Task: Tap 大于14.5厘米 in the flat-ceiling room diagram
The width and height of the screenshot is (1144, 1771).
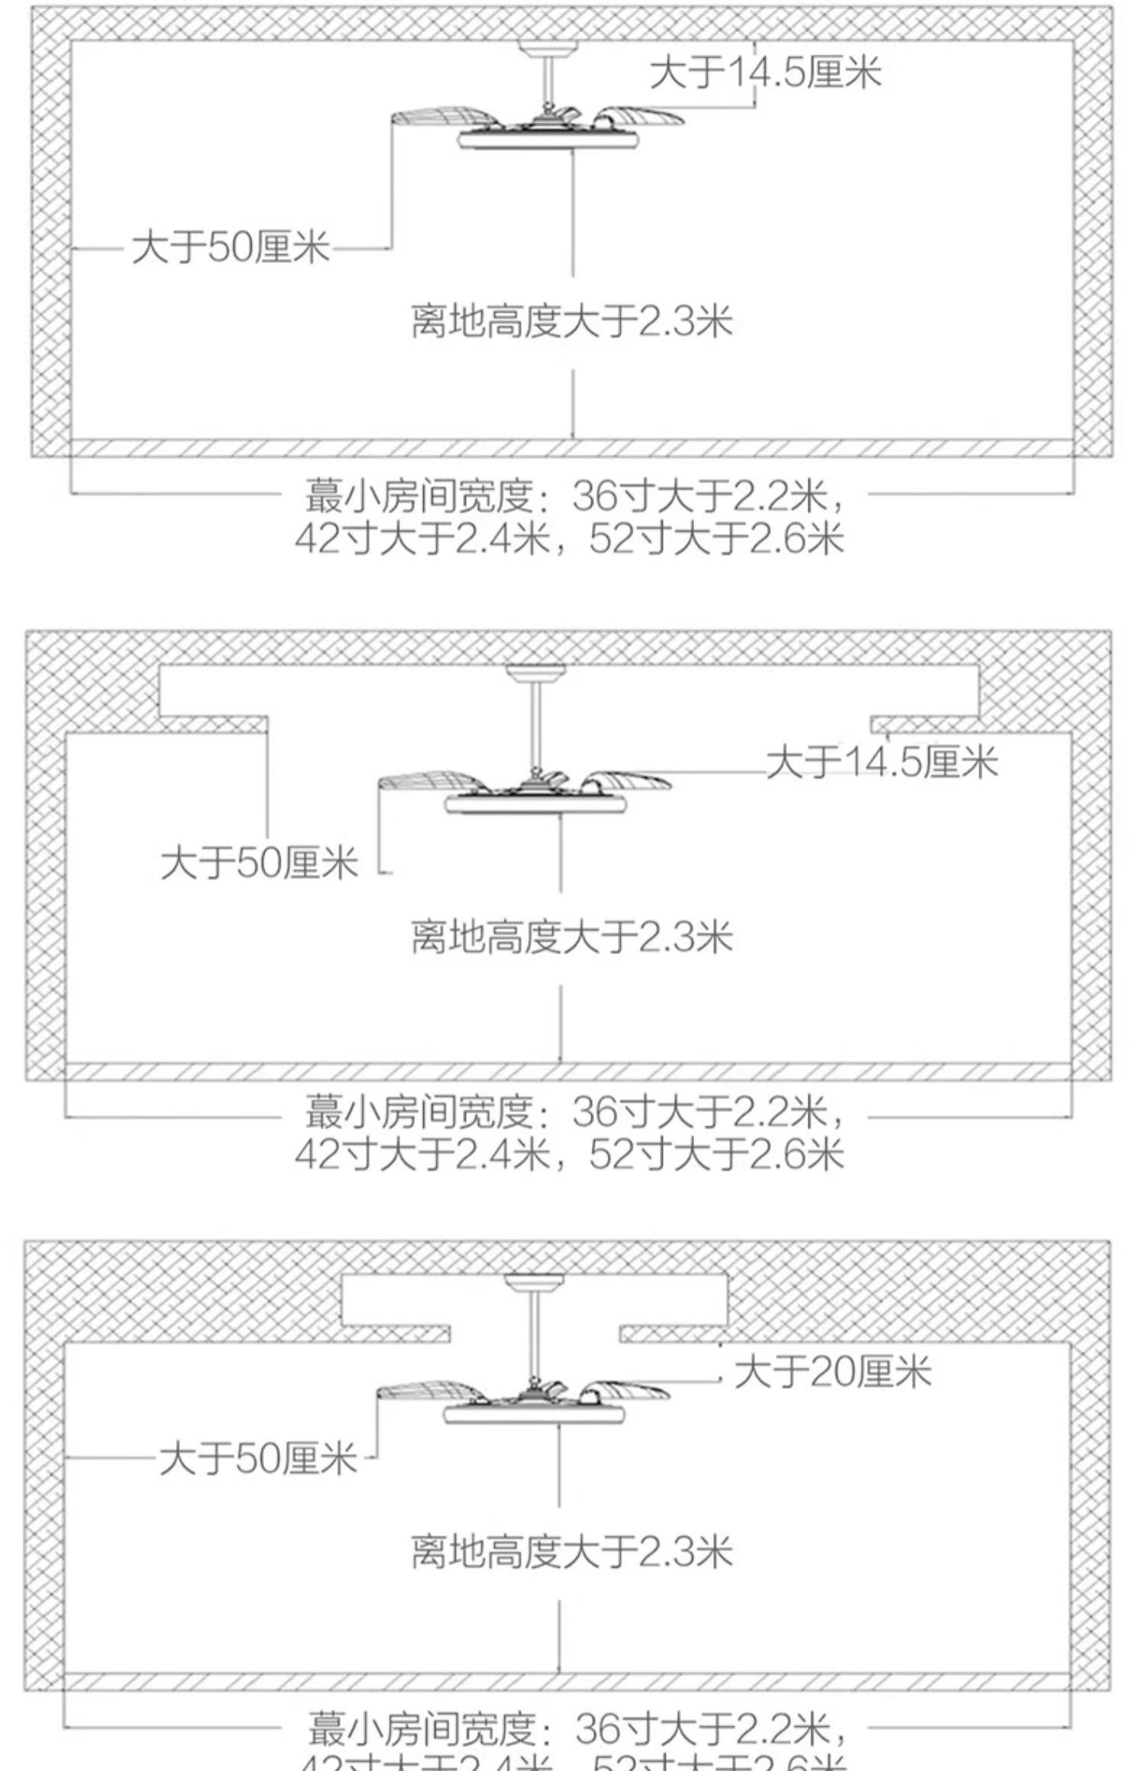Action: coord(766,73)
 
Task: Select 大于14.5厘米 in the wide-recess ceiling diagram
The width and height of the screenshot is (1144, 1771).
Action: coord(882,762)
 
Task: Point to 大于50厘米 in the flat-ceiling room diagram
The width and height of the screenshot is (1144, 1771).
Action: coord(230,247)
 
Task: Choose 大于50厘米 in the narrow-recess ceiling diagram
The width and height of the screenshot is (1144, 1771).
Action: coord(258,1459)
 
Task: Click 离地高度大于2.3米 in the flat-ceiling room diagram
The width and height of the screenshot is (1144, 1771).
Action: coord(571,321)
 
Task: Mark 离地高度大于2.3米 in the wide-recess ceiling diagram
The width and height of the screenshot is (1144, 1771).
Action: coord(571,937)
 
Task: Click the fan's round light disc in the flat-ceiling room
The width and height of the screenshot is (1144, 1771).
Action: coord(548,141)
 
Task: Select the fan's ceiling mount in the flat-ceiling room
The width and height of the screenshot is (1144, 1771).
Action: coord(548,47)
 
